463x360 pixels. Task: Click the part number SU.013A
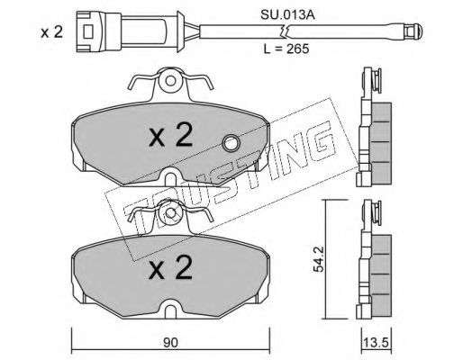tap(287, 15)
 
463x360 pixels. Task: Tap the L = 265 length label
tap(286, 49)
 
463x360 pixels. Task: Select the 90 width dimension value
tap(170, 343)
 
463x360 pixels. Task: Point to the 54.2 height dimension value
tap(318, 258)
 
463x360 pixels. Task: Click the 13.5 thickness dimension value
tap(376, 342)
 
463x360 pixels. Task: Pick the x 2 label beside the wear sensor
tap(51, 32)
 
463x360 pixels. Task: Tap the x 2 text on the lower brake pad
tap(170, 267)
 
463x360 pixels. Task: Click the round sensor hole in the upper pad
tap(231, 143)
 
